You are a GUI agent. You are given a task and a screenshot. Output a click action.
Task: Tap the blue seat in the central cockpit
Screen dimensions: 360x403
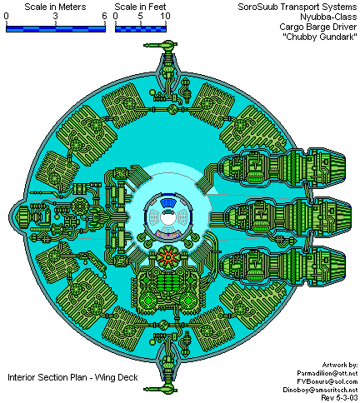[x=169, y=203]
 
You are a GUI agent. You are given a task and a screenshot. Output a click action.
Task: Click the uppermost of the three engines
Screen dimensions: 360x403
[x=282, y=167]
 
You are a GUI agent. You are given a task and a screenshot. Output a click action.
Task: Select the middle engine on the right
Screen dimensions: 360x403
[x=287, y=216]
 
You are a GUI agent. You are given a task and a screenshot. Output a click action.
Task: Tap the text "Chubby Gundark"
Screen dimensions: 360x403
[x=320, y=37]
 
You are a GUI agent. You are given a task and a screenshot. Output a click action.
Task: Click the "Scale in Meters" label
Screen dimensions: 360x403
[x=55, y=7]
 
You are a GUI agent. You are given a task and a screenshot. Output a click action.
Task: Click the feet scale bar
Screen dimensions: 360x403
[x=141, y=29]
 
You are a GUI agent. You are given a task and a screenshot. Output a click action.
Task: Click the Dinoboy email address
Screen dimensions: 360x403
[x=320, y=390]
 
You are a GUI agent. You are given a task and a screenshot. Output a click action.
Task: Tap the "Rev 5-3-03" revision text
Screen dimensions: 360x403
[x=339, y=398]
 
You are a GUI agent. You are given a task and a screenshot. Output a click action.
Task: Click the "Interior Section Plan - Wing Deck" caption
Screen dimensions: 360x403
[x=72, y=377]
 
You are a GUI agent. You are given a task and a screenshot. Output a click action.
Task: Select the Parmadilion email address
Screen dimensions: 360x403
[x=327, y=373]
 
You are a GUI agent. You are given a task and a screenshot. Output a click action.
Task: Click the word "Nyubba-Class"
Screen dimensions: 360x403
[x=328, y=17]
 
